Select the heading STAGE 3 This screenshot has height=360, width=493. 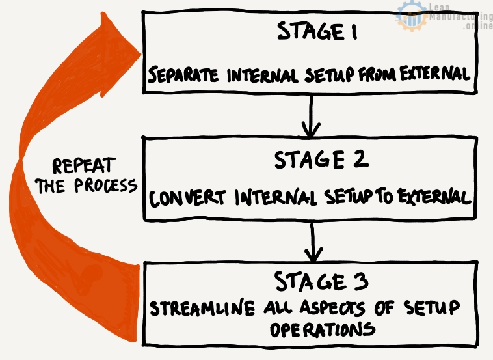coord(321,282)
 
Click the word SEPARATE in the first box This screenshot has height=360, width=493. coord(185,75)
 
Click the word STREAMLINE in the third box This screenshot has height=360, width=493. coord(194,308)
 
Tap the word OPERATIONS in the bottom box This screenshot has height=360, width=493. coord(322,329)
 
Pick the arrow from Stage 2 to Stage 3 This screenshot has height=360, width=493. coord(313,242)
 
